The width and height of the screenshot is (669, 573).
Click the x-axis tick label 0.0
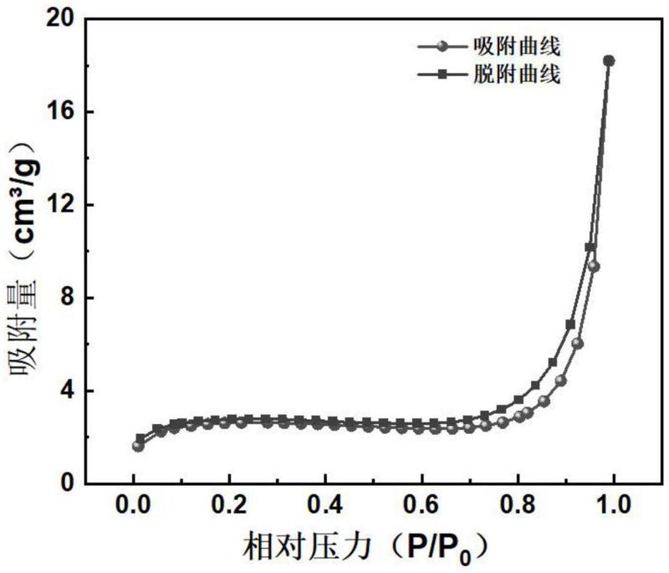click(x=134, y=506)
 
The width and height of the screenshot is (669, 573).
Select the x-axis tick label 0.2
click(x=230, y=506)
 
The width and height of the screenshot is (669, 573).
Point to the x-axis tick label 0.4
click(x=326, y=506)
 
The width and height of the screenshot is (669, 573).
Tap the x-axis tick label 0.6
click(x=422, y=506)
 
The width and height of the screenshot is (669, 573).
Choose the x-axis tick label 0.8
click(x=518, y=506)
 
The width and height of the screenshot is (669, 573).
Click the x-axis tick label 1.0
click(x=614, y=506)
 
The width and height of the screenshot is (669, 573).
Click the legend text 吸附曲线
click(x=517, y=47)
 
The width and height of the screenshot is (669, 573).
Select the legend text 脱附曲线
click(x=517, y=74)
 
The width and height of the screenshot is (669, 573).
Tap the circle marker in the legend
click(x=443, y=47)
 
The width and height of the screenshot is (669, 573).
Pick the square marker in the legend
click(x=443, y=74)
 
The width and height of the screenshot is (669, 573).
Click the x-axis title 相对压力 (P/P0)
click(x=365, y=548)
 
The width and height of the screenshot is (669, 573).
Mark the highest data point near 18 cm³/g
click(x=609, y=61)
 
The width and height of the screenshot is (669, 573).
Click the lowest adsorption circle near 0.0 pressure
click(x=138, y=447)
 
